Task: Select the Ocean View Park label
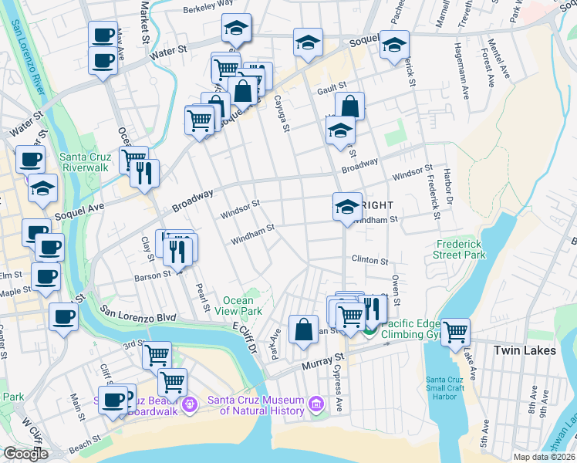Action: tap(243, 306)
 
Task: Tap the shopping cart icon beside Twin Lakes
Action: tap(456, 333)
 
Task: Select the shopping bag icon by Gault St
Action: tap(349, 107)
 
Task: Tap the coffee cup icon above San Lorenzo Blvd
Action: tap(63, 315)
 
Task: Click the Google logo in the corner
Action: tap(25, 454)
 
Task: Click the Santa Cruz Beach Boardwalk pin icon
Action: tap(189, 402)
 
